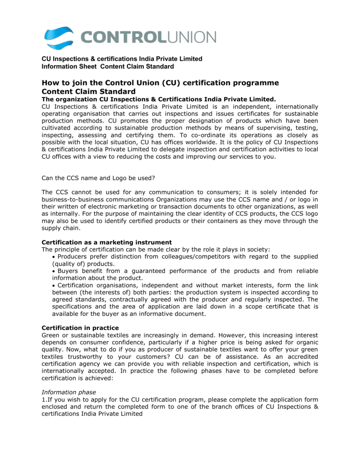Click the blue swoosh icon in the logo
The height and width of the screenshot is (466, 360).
(x=59, y=38)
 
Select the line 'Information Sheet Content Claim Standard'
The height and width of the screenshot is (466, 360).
(x=107, y=66)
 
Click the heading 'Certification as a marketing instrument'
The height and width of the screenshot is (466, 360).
(x=106, y=242)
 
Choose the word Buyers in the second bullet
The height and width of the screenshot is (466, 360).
(x=68, y=271)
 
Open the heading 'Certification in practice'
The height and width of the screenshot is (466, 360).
(x=81, y=328)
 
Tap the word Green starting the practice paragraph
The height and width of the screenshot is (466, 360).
(x=51, y=335)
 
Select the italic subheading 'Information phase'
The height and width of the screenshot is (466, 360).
(x=68, y=392)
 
